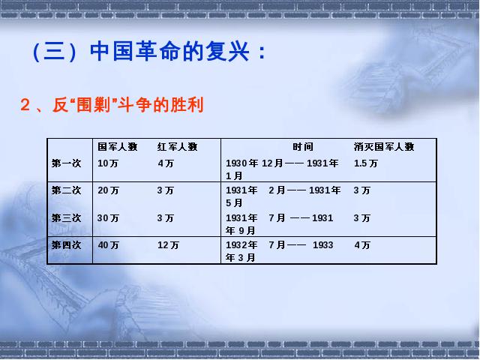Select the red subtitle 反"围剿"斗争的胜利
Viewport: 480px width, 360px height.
point(127,105)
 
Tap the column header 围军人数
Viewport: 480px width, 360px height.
point(118,147)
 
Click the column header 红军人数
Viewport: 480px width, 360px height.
point(177,147)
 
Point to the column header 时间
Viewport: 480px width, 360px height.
point(303,147)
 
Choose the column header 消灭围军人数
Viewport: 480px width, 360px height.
point(384,147)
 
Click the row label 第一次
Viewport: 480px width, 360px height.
point(66,163)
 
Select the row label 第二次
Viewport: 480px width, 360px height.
point(66,190)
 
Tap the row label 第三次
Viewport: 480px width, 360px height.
point(66,218)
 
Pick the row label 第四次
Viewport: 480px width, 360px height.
point(66,245)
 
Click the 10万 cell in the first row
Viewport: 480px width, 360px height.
point(108,163)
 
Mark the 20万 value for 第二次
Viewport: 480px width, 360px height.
point(108,190)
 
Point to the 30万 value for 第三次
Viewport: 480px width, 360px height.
point(108,218)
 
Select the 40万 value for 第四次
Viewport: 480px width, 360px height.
point(108,245)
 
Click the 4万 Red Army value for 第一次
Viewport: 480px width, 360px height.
point(166,163)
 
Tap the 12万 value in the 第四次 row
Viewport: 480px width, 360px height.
point(168,245)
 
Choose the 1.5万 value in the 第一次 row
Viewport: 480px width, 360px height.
point(366,163)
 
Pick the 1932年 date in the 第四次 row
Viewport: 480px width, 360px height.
point(241,245)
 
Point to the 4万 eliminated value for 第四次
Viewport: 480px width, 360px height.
point(362,245)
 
